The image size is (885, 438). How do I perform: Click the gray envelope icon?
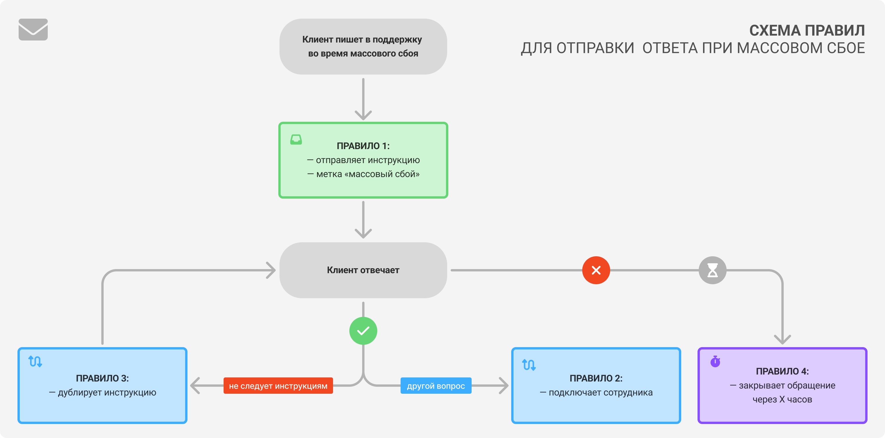click(x=33, y=30)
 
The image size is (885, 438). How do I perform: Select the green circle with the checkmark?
click(x=363, y=331)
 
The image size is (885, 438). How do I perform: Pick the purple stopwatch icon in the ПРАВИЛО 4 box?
click(x=715, y=361)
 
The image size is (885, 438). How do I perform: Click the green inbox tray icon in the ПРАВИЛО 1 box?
click(x=296, y=139)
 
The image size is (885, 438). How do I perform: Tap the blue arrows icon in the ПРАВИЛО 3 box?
click(x=35, y=361)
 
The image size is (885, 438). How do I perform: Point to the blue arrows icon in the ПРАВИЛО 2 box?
click(x=529, y=364)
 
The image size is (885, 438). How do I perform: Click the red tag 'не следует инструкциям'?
click(x=278, y=386)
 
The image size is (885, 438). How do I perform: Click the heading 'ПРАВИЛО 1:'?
click(x=363, y=146)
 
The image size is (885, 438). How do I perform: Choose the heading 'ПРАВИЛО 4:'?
click(x=782, y=371)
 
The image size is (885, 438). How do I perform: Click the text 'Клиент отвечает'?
click(x=363, y=270)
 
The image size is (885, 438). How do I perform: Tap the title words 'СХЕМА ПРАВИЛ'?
click(x=807, y=31)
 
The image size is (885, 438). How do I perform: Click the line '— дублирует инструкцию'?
click(x=102, y=392)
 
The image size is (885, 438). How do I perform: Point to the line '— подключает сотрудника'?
click(x=596, y=392)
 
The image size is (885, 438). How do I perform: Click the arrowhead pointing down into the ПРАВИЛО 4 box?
click(x=782, y=340)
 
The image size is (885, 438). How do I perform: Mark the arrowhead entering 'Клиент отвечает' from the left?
click(x=271, y=270)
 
